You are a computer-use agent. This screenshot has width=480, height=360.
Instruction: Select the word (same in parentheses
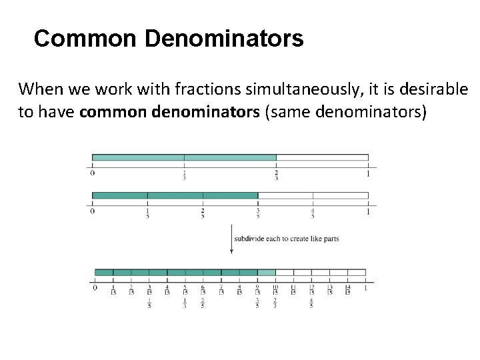click(283, 111)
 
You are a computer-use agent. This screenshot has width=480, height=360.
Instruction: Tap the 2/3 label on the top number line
click(276, 175)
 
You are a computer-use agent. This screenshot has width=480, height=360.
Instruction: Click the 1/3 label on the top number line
click(184, 175)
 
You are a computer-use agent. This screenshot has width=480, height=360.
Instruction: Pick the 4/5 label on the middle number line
click(312, 213)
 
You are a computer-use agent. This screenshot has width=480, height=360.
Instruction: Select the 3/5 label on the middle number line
click(257, 213)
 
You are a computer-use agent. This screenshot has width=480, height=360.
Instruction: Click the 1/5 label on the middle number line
click(147, 213)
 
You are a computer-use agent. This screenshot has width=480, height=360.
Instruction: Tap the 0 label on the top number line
click(92, 173)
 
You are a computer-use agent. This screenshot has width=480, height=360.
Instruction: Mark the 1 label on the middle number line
click(367, 211)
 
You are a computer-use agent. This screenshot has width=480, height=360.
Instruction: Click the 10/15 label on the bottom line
click(275, 290)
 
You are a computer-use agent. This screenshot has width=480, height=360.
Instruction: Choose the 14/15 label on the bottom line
click(347, 290)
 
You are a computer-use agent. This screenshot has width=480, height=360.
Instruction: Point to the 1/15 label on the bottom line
click(113, 290)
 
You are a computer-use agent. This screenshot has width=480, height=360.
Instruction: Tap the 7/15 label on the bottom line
click(221, 290)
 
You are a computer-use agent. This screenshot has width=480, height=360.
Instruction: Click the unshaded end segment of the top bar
click(322, 158)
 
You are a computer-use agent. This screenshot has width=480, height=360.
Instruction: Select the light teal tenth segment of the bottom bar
click(266, 272)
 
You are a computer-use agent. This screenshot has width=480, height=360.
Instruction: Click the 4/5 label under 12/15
click(311, 303)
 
